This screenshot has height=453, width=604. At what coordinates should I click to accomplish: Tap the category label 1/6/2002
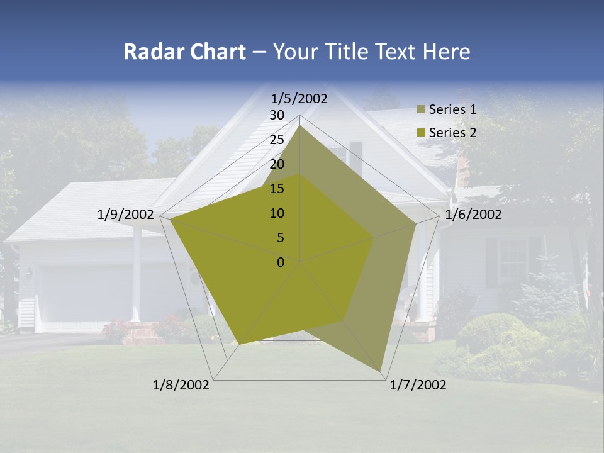[x=473, y=215]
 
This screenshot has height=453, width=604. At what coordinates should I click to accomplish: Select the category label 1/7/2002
[x=418, y=385]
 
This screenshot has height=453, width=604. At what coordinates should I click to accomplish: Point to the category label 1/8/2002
[x=181, y=385]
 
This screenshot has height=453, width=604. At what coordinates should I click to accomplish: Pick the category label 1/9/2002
[x=125, y=215]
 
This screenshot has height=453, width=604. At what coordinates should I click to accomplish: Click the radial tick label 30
[x=277, y=115]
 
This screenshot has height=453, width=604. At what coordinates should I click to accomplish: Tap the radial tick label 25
[x=277, y=140]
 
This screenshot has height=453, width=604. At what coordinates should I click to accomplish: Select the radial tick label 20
[x=277, y=164]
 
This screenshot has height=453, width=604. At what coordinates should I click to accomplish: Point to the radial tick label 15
[x=277, y=189]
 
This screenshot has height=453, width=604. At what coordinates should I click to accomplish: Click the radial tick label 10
[x=277, y=213]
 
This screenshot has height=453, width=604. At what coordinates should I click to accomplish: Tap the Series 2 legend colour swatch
[x=421, y=133]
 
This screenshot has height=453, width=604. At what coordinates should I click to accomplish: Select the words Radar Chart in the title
[x=184, y=52]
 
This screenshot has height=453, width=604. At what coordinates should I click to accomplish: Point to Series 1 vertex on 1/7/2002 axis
[x=381, y=371]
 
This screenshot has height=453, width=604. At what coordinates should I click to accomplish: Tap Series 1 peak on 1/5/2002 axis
[x=300, y=125]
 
